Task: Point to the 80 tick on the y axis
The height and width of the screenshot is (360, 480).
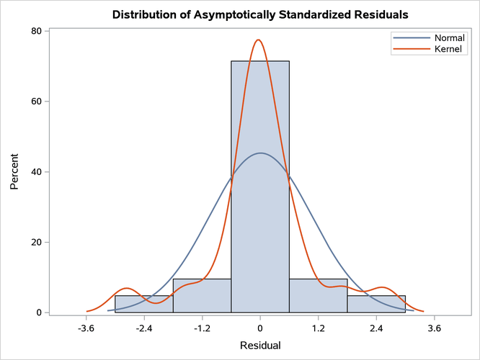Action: [35, 31]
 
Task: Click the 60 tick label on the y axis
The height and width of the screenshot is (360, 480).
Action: [35, 102]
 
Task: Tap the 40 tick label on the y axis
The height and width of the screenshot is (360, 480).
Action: [35, 172]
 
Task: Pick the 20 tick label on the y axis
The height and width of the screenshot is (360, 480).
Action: [35, 243]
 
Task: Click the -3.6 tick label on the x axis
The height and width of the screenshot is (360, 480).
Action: [86, 328]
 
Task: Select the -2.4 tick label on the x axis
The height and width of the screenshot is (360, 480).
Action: [144, 328]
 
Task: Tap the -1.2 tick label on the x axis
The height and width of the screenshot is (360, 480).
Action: [202, 328]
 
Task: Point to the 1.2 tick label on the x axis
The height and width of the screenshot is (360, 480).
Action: [319, 328]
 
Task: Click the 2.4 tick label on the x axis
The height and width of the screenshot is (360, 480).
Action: [376, 328]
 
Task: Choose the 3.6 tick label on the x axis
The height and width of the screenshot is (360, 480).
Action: [435, 328]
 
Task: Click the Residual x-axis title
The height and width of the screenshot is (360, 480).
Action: [260, 346]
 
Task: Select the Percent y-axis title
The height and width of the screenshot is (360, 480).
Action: [15, 172]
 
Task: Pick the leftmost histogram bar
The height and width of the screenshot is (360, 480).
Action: [144, 305]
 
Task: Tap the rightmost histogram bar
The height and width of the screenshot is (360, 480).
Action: [376, 305]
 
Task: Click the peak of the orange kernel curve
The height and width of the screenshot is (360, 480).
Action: [259, 40]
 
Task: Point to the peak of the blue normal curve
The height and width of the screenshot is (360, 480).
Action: [260, 153]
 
